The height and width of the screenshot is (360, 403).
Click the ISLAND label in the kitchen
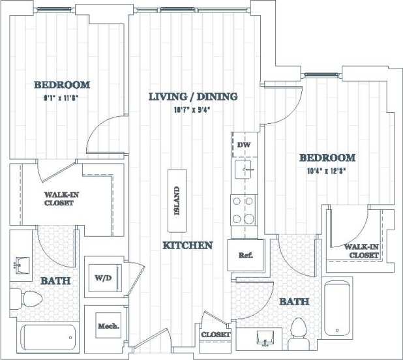tap(177, 203)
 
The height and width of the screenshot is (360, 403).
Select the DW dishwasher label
tap(244, 145)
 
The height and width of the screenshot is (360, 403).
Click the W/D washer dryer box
tap(102, 277)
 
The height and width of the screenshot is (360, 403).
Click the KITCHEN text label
tap(188, 245)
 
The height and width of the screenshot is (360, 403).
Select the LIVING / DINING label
tap(192, 97)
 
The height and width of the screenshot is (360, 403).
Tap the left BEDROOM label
tap(62, 85)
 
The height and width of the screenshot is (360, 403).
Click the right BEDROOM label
tap(327, 157)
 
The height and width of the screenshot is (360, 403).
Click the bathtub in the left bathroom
tap(49, 337)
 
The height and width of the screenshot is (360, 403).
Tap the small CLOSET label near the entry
tap(216, 335)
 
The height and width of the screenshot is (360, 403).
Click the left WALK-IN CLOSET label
tap(59, 199)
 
